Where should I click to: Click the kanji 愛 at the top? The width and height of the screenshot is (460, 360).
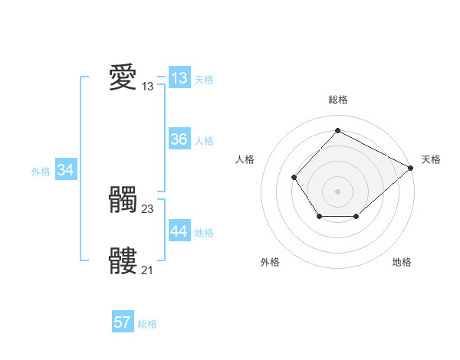pyautogui.click(x=123, y=77)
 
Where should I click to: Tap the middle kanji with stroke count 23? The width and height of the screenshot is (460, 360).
pyautogui.click(x=123, y=200)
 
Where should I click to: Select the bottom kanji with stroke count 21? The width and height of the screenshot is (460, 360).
pyautogui.click(x=123, y=261)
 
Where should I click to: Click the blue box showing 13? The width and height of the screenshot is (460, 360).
pyautogui.click(x=179, y=78)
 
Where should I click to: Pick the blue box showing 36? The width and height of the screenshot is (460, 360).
pyautogui.click(x=179, y=139)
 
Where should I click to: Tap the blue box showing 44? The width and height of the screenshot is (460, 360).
pyautogui.click(x=179, y=231)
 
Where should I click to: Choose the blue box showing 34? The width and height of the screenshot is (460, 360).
pyautogui.click(x=66, y=170)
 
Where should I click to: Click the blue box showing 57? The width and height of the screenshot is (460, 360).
pyautogui.click(x=123, y=322)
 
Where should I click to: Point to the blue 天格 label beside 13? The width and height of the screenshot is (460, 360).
pyautogui.click(x=204, y=80)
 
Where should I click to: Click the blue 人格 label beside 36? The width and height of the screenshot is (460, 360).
pyautogui.click(x=204, y=141)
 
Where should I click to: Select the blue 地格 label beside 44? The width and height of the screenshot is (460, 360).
pyautogui.click(x=204, y=233)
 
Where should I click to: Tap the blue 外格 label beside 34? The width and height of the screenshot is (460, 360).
pyautogui.click(x=41, y=172)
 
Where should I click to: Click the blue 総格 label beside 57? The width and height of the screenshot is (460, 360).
pyautogui.click(x=147, y=324)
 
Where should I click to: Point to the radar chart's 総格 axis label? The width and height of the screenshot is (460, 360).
pyautogui.click(x=337, y=100)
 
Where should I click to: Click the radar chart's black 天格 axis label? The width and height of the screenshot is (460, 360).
pyautogui.click(x=431, y=159)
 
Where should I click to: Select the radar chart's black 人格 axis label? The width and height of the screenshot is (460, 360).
pyautogui.click(x=245, y=159)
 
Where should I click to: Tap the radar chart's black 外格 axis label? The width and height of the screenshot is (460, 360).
pyautogui.click(x=270, y=263)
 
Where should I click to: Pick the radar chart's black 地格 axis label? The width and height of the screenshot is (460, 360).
pyautogui.click(x=402, y=263)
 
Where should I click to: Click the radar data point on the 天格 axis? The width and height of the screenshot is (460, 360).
pyautogui.click(x=411, y=167)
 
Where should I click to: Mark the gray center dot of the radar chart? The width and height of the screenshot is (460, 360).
pyautogui.click(x=337, y=191)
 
